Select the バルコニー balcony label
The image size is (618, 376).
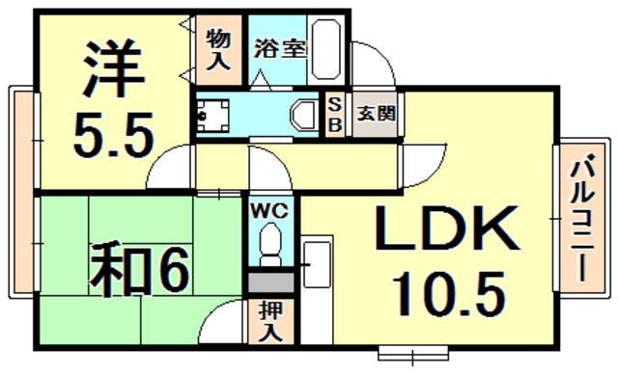point(581,223)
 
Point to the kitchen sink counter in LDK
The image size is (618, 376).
point(316,280)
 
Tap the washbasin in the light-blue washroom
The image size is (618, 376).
point(302,115)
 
